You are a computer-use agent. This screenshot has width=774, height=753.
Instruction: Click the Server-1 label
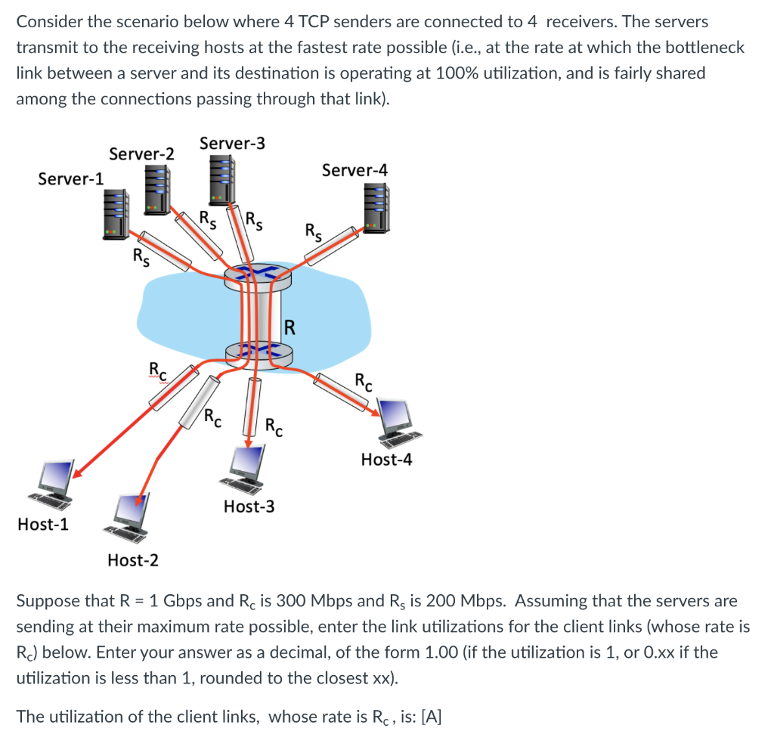[x=71, y=178]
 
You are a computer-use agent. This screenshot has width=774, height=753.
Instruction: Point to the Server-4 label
[x=354, y=170]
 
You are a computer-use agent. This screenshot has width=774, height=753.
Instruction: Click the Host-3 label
[x=249, y=507]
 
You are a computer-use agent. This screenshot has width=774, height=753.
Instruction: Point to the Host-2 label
[x=133, y=560]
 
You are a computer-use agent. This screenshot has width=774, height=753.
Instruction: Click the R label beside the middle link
[x=289, y=327]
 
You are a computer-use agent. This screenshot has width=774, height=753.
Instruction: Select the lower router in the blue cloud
[x=259, y=352]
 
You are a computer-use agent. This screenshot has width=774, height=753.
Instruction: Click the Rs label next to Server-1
[x=141, y=258]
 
